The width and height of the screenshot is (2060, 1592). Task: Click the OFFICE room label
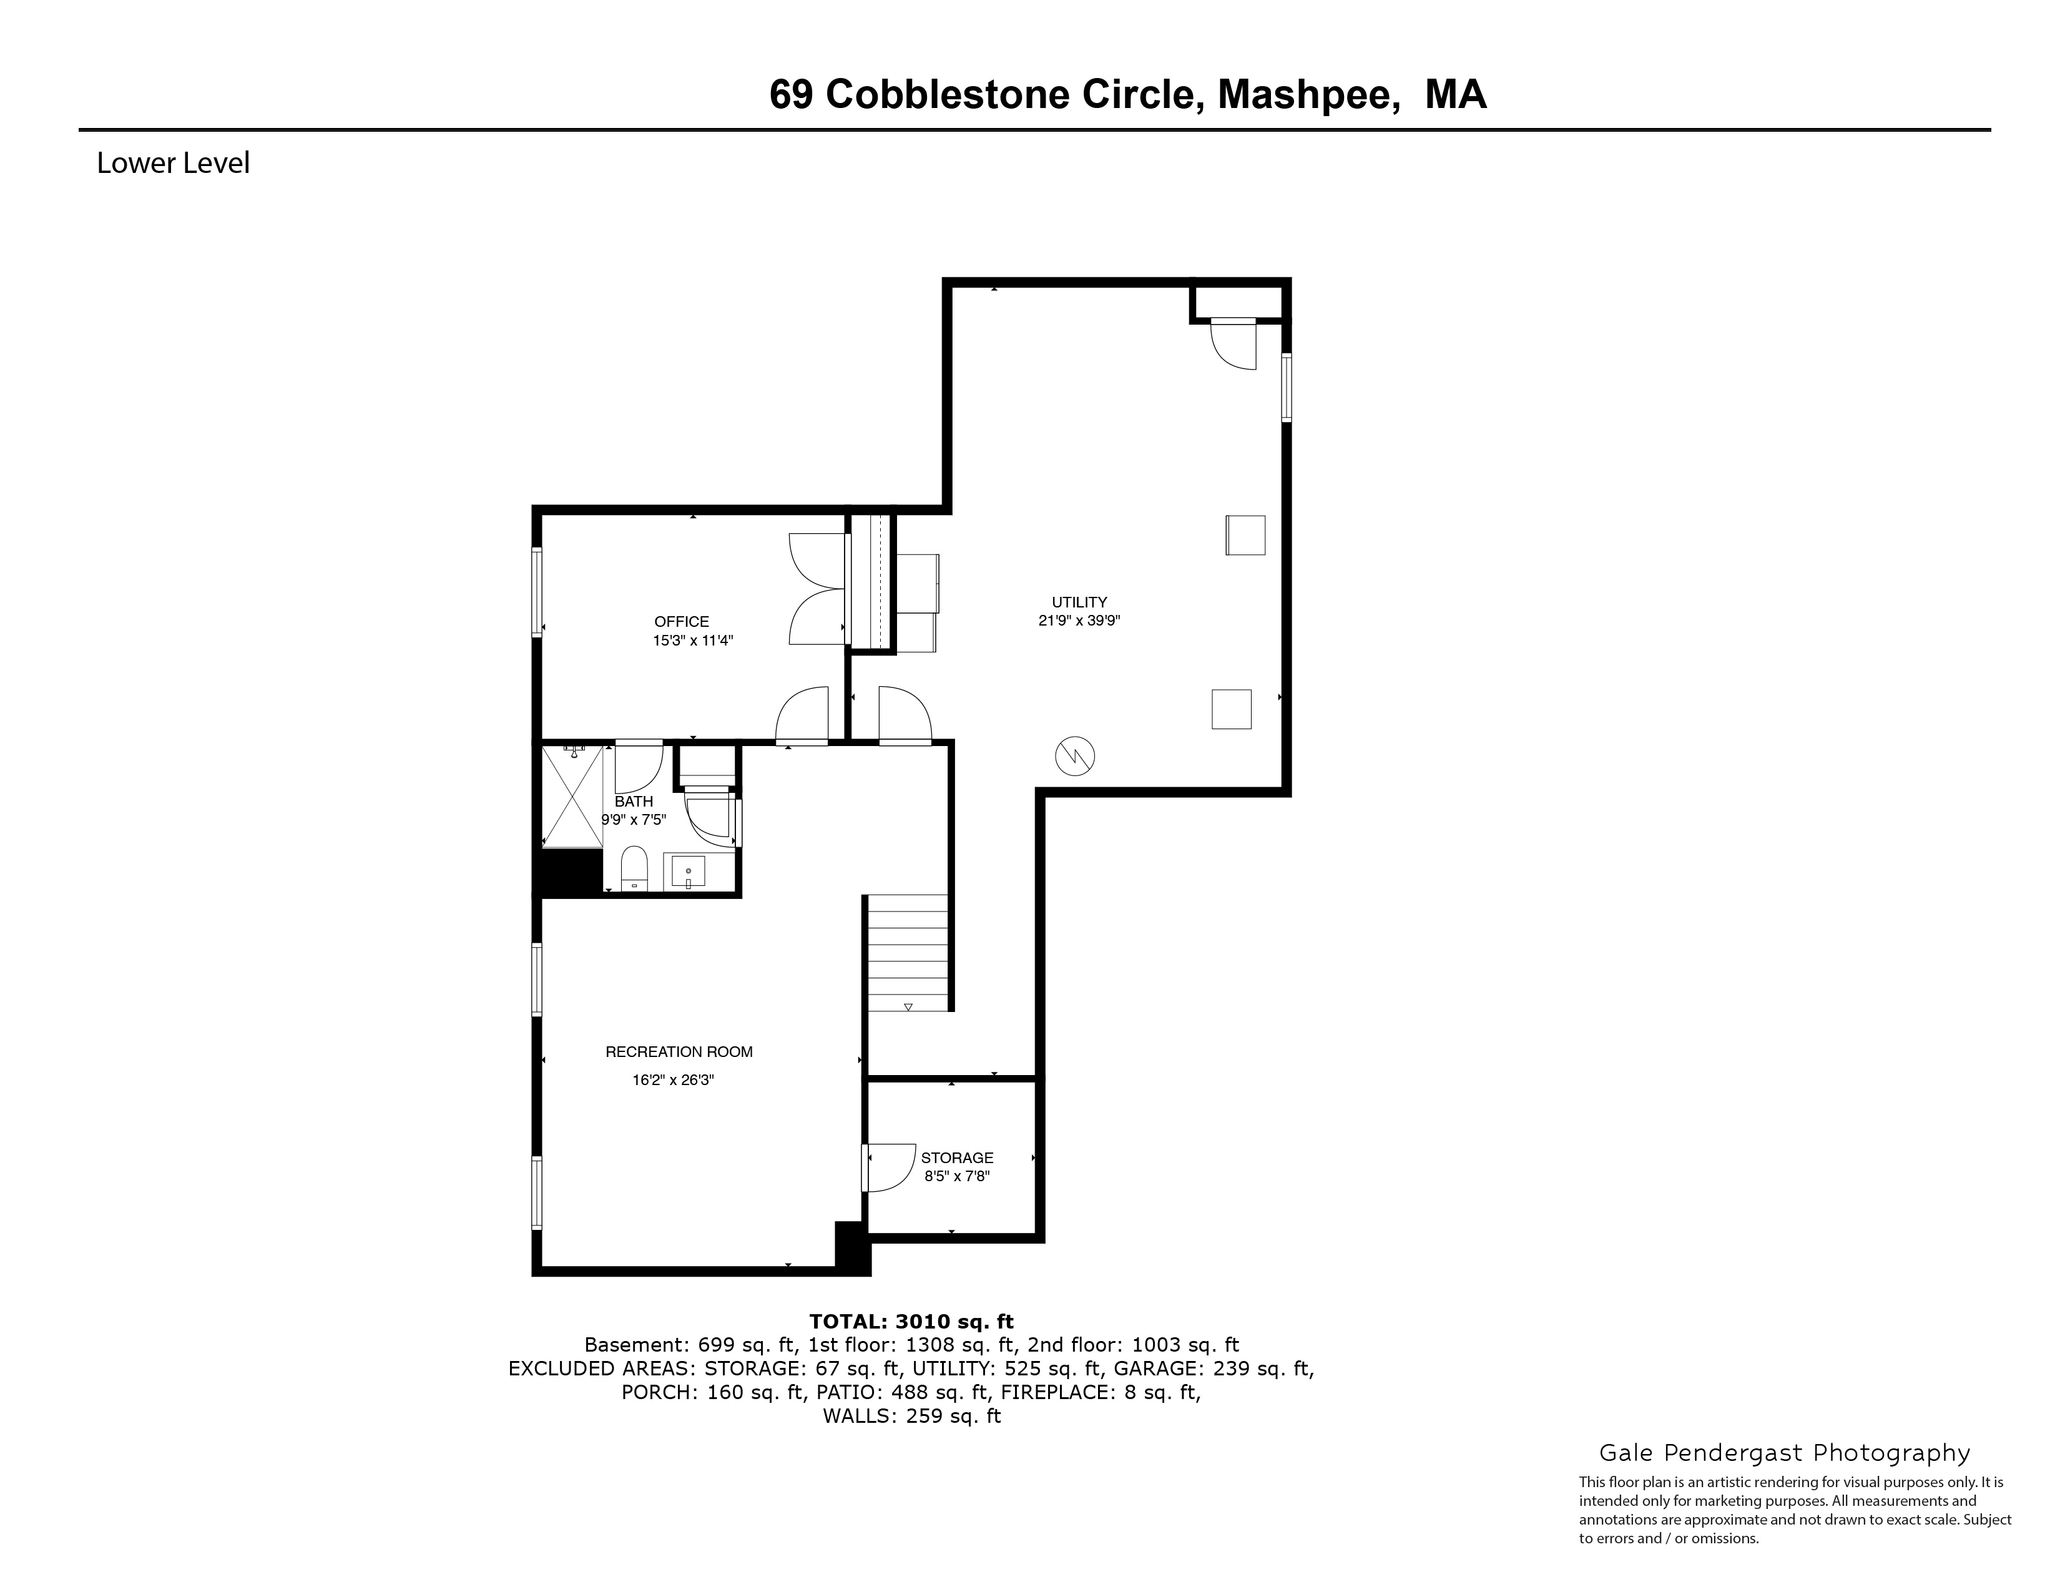tap(681, 622)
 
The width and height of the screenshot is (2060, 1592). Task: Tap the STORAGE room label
tap(956, 1157)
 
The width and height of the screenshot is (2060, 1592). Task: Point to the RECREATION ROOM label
tap(678, 1051)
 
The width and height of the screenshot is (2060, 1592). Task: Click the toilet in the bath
tap(634, 868)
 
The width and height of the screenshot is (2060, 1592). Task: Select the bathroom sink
tap(689, 872)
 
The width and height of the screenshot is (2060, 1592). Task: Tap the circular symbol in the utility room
tap(1074, 755)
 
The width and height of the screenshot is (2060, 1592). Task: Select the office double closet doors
tap(817, 591)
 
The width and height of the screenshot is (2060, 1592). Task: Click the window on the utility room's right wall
tap(1285, 386)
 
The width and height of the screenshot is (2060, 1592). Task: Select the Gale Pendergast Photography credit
tap(1783, 1452)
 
